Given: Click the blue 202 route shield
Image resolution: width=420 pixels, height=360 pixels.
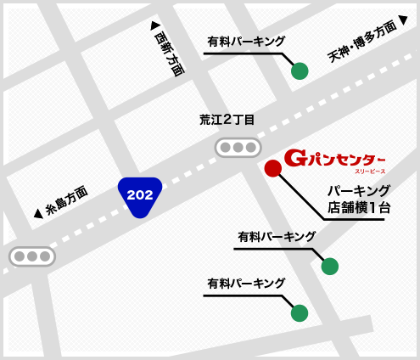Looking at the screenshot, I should tap(139, 196).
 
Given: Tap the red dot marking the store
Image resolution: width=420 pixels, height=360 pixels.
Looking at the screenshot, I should tap(272, 168).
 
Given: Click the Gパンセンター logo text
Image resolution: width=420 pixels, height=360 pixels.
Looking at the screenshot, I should tap(334, 158).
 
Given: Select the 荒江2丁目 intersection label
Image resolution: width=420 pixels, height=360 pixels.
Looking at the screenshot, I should tap(227, 121).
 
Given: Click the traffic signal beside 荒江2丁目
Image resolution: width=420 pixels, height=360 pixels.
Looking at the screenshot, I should tap(238, 148).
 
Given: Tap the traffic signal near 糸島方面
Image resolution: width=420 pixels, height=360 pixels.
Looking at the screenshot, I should tap(32, 256).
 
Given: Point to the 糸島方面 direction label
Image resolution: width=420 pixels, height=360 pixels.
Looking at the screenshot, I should tap(66, 201).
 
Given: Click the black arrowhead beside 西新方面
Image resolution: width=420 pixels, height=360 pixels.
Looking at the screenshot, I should tap(154, 25).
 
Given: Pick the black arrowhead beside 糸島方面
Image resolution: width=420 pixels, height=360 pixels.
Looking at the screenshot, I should tap(37, 215).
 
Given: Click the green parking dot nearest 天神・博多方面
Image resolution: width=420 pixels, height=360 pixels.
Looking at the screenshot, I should tap(300, 71).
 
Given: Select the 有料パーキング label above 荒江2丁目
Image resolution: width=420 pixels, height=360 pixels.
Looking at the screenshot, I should tap(246, 41).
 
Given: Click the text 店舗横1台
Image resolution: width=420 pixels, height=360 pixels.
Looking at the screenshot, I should tap(359, 207).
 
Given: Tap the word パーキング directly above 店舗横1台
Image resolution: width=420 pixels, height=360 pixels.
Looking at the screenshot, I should tap(359, 190).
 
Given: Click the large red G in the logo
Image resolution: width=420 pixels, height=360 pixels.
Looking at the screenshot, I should tap(294, 158).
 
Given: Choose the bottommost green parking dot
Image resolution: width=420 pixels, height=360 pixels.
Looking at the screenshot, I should tap(300, 313).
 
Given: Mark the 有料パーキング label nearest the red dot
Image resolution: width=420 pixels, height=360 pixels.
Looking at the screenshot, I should tap(277, 236).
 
